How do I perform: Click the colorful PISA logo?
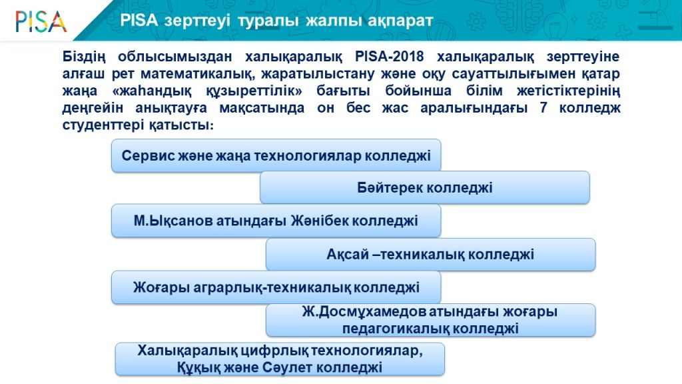[41, 21]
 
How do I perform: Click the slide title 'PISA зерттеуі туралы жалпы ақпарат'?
[276, 21]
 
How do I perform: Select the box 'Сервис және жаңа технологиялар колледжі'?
[276, 155]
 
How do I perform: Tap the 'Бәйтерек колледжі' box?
[425, 187]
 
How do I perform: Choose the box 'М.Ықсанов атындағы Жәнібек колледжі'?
[276, 221]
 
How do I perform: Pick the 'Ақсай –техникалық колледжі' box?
[431, 254]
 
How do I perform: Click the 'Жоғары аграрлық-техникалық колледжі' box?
[276, 287]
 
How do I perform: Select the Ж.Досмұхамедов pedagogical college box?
[431, 320]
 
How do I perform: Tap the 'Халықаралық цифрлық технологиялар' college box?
[280, 359]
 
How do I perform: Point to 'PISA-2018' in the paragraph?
[389, 57]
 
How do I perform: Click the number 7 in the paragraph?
[543, 107]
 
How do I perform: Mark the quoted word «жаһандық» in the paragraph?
[152, 91]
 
